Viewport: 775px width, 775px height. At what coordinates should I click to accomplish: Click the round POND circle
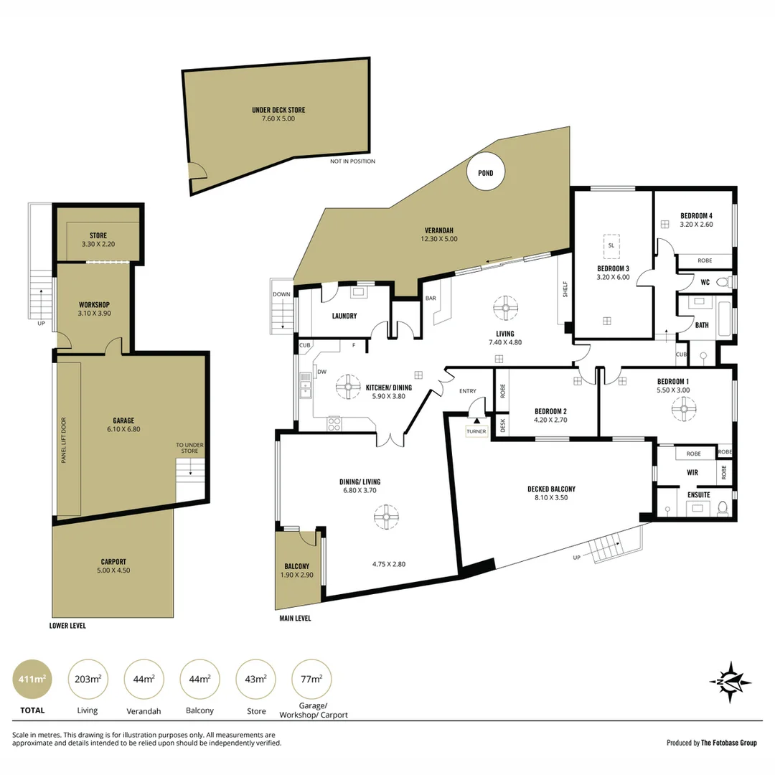485,172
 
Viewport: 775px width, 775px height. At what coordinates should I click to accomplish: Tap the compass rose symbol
730,682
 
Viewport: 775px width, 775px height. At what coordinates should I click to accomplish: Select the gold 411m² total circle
32,678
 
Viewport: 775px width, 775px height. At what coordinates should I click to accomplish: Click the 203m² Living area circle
85,678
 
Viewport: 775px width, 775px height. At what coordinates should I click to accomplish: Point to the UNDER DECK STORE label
278,111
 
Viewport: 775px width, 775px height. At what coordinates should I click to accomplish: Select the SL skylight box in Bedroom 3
611,245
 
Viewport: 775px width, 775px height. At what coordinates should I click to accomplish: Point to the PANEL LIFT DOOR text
64,440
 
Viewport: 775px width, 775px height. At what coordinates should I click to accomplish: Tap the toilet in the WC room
728,282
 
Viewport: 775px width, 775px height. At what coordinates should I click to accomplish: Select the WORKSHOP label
94,305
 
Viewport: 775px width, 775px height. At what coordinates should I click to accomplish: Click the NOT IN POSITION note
352,161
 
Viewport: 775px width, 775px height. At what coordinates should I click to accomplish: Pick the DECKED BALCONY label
551,489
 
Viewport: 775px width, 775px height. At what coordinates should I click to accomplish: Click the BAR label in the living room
432,298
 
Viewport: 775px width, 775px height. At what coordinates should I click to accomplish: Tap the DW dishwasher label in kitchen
321,372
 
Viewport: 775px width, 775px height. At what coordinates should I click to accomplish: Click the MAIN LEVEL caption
295,618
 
